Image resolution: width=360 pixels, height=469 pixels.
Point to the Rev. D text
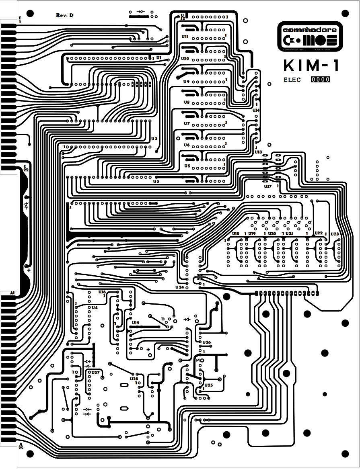(x=64, y=15)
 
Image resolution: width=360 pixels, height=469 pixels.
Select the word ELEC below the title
(x=292, y=80)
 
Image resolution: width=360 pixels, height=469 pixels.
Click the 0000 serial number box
(x=321, y=80)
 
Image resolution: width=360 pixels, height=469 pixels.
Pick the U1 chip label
(x=159, y=58)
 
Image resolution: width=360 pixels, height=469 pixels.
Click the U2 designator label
(x=156, y=182)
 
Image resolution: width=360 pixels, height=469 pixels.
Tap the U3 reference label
(x=154, y=139)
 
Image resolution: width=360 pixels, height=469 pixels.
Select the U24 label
(x=179, y=287)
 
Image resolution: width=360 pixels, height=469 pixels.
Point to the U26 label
(x=207, y=342)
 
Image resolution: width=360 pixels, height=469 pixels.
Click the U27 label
(x=95, y=373)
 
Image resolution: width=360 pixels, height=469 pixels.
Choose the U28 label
(x=134, y=379)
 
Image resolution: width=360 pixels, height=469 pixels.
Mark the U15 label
(x=136, y=323)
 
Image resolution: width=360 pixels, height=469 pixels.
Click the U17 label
(x=268, y=186)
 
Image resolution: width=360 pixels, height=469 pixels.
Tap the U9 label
(x=186, y=82)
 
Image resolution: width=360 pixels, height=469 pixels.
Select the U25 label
(x=208, y=385)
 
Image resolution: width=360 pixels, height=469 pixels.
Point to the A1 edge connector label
(x=12, y=294)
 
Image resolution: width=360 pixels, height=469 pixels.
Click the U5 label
(x=187, y=166)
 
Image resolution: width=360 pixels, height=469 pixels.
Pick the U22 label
(x=318, y=233)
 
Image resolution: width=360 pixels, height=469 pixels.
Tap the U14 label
(x=256, y=110)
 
